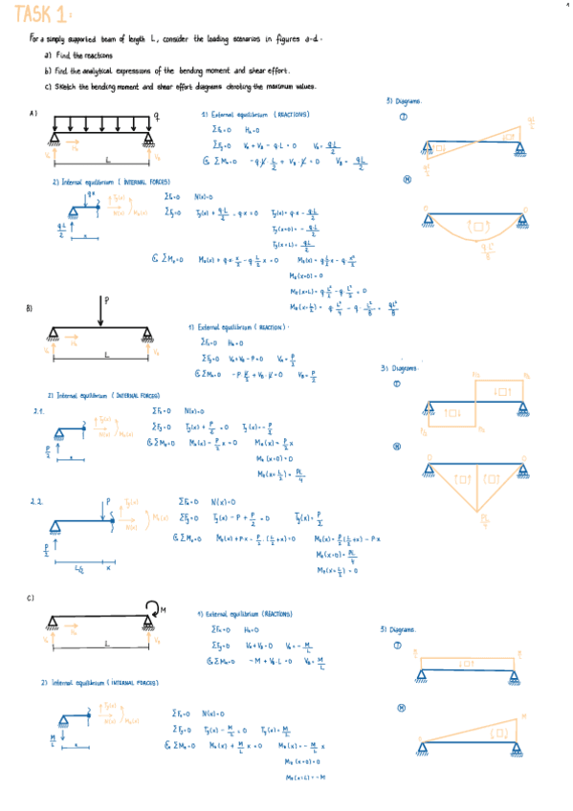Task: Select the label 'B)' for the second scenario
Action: click(30, 308)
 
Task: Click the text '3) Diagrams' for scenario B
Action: click(399, 367)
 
